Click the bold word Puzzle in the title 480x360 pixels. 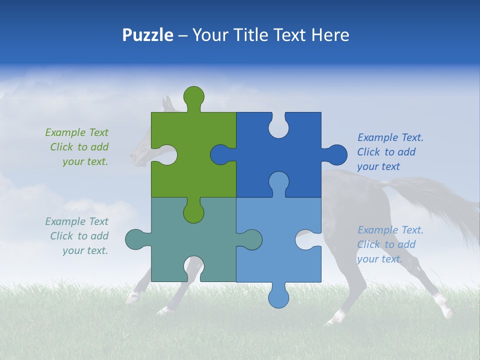click(147, 35)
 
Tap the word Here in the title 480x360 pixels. click(330, 35)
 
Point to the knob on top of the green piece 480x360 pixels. click(193, 96)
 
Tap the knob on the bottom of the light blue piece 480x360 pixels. click(278, 297)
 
